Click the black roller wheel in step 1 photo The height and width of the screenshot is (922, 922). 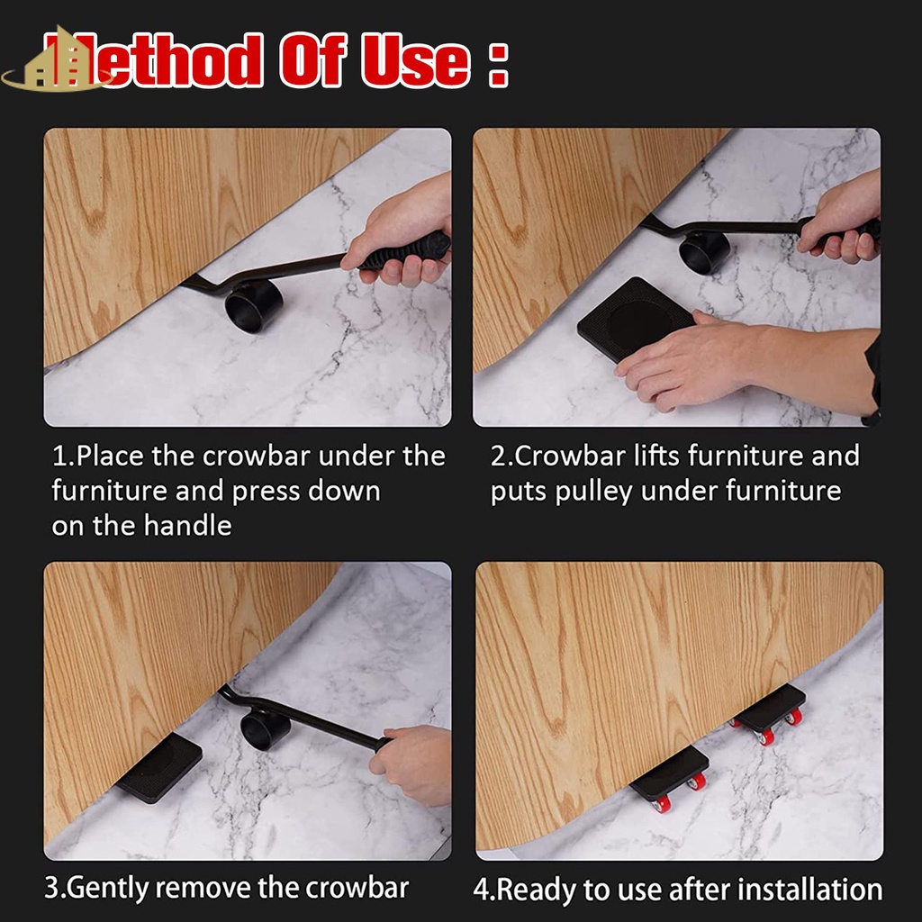[253, 306]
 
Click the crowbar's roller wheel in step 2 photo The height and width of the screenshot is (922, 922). [704, 252]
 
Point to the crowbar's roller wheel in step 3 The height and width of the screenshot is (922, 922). [265, 729]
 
